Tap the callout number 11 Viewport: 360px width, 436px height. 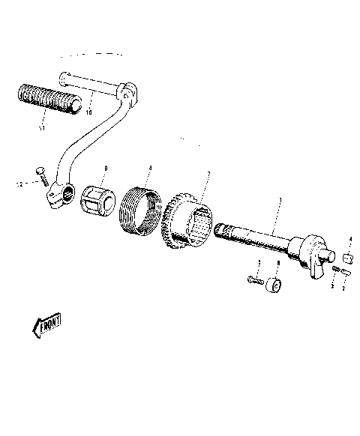coord(41,128)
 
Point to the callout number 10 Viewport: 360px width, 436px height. coord(88,113)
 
